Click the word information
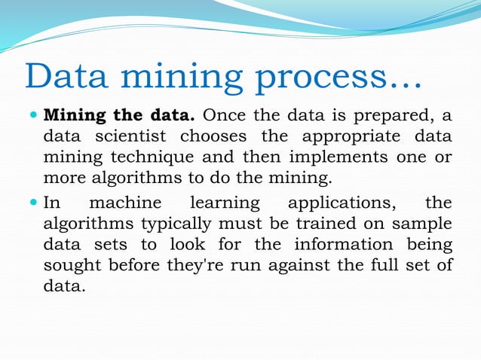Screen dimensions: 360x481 coord(344,246)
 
